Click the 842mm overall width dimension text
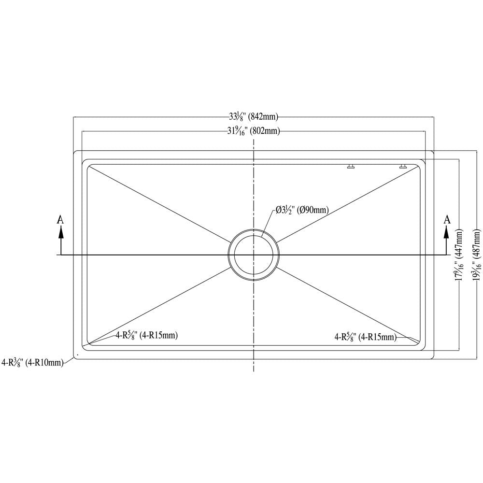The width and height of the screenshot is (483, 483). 254,116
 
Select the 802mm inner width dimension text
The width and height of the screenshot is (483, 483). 254,131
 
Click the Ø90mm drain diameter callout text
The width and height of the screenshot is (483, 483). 302,210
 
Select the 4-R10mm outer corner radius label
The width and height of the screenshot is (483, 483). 32,362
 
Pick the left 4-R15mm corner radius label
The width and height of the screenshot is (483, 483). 146,335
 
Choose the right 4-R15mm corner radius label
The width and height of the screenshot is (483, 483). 365,337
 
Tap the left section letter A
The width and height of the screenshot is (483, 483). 60,220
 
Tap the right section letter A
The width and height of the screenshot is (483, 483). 447,220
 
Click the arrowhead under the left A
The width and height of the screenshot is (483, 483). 60,233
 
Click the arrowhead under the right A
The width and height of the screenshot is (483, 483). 447,233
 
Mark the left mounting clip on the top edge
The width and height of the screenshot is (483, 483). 351,167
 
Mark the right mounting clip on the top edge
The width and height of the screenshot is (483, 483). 403,167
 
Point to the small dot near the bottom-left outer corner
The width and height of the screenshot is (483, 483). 77,355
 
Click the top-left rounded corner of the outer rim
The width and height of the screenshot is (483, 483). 75,153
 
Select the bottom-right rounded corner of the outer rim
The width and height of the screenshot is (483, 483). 432,357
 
